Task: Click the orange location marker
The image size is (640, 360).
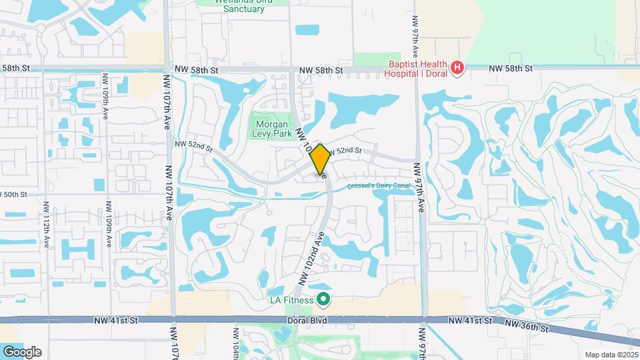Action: click(320, 159)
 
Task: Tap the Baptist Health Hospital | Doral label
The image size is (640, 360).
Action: click(417, 68)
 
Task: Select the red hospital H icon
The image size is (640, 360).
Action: click(457, 67)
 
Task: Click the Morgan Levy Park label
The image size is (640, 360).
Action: click(271, 129)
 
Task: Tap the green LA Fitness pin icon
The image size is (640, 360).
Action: click(324, 299)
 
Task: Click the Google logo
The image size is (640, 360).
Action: click(21, 351)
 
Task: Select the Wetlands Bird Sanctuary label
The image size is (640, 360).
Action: click(244, 5)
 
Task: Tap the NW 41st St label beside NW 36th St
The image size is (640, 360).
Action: click(470, 321)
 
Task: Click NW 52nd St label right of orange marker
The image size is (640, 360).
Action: click(344, 151)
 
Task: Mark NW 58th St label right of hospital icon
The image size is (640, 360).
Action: click(511, 68)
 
